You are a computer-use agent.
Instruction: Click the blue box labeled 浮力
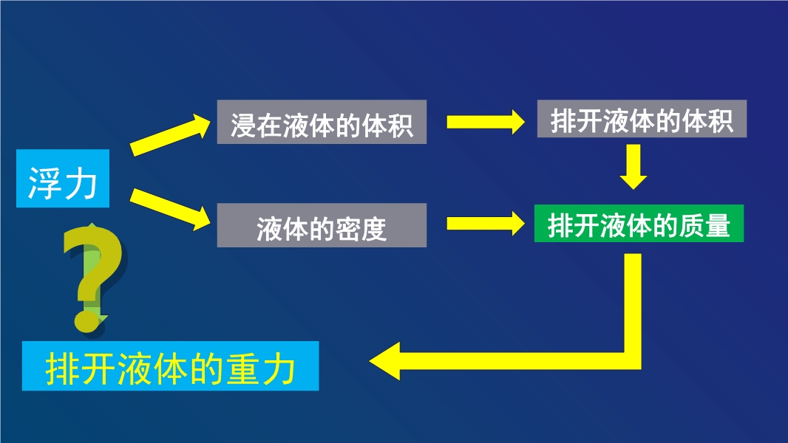click(63, 178)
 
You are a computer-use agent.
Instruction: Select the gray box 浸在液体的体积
click(322, 122)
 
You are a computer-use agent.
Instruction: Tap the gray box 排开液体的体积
click(642, 118)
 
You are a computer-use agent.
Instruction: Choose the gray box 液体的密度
click(322, 225)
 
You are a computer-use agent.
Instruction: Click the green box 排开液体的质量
click(639, 223)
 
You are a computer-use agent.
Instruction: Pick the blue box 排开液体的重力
click(170, 365)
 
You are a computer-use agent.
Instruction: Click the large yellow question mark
click(93, 278)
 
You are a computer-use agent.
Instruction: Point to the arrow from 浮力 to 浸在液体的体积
click(170, 134)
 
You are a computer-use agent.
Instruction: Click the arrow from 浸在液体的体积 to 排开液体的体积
click(486, 122)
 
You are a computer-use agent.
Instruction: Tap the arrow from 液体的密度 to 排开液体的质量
click(486, 223)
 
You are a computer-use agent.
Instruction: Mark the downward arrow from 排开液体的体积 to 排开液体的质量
click(634, 167)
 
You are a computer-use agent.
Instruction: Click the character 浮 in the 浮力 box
click(45, 183)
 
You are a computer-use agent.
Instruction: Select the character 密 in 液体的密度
click(348, 230)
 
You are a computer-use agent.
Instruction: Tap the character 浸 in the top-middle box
click(244, 126)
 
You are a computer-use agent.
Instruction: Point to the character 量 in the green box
click(717, 225)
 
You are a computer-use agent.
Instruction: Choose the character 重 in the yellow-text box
click(243, 369)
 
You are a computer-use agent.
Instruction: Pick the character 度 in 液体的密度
click(374, 230)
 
